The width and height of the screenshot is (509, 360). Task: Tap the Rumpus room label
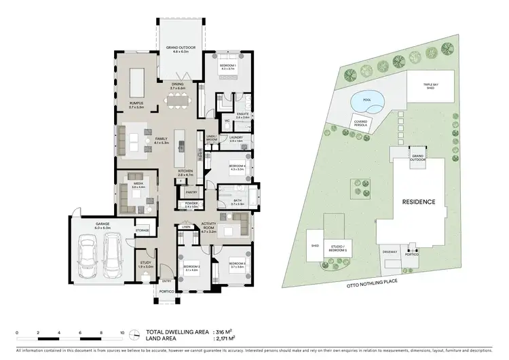[136, 105]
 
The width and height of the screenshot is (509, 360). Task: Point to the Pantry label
[191, 192]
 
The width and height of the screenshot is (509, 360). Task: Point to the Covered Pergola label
[361, 123]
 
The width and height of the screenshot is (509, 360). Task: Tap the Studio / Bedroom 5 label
[335, 249]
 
